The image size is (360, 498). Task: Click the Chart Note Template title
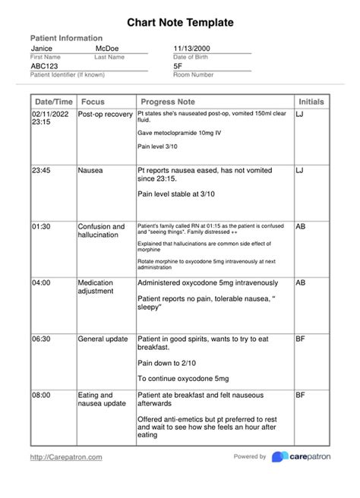[x=179, y=24]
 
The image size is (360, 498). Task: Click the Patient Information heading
[x=66, y=38]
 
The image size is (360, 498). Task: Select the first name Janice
[x=42, y=49]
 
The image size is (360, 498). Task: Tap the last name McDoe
[x=106, y=49]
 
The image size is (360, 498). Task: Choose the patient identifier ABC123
[x=44, y=66]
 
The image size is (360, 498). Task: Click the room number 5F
[x=178, y=66]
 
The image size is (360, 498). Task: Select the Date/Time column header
[x=53, y=102]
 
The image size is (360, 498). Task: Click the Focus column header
[x=93, y=102]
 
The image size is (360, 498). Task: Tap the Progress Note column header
[x=167, y=102]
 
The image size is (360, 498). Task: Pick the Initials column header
[x=311, y=102]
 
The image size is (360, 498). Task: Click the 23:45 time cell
[x=41, y=171]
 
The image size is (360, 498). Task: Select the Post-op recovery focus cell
[x=105, y=114]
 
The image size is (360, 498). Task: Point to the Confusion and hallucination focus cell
[x=101, y=231]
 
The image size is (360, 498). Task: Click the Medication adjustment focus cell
[x=96, y=286]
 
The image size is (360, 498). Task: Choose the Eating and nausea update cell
[x=102, y=399]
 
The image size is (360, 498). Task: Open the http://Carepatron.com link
[x=66, y=457]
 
